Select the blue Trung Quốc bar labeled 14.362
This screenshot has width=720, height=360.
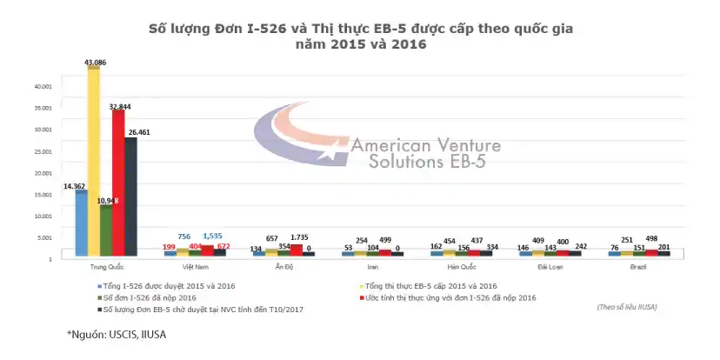pos(81,223)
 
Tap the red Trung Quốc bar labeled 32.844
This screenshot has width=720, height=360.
pos(118,183)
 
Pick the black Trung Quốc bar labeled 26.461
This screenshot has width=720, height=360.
pos(130,197)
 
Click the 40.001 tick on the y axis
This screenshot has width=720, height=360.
pos(43,86)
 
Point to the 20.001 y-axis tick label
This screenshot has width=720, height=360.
pos(43,172)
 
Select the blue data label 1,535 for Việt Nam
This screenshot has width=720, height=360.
pos(214,236)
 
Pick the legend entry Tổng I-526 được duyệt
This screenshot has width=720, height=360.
pos(165,285)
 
